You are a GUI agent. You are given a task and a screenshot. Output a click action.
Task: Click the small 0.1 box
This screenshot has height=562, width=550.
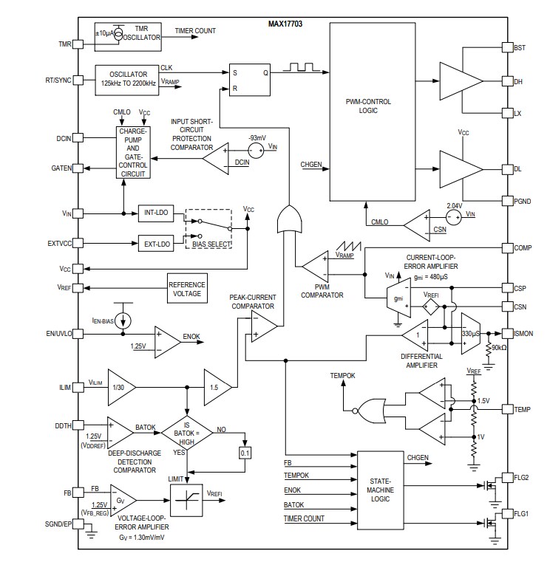click(246, 452)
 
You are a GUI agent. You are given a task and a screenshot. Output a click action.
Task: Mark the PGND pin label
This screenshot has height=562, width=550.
click(523, 200)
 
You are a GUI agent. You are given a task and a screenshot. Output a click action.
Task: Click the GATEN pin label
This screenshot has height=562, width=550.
click(61, 168)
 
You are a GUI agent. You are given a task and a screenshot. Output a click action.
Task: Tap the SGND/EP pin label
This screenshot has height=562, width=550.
click(56, 524)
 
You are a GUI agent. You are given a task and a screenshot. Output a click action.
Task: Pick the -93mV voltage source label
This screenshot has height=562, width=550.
click(257, 137)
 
